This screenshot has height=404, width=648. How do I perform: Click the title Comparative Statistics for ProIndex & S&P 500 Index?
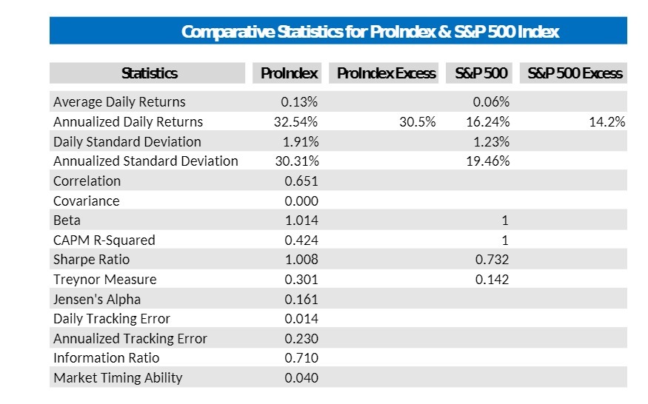(x=370, y=32)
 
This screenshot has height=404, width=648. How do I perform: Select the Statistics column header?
(x=149, y=73)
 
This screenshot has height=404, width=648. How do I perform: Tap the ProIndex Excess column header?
(x=386, y=73)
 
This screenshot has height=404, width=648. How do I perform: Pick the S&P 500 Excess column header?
(x=575, y=73)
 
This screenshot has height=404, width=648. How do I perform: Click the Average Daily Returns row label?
(x=119, y=102)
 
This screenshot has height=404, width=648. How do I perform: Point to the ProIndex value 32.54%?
(x=296, y=122)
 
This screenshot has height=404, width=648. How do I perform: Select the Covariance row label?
(x=86, y=201)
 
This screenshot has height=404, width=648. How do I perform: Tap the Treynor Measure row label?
(x=104, y=280)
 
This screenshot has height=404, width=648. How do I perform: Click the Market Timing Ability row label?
(x=118, y=378)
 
